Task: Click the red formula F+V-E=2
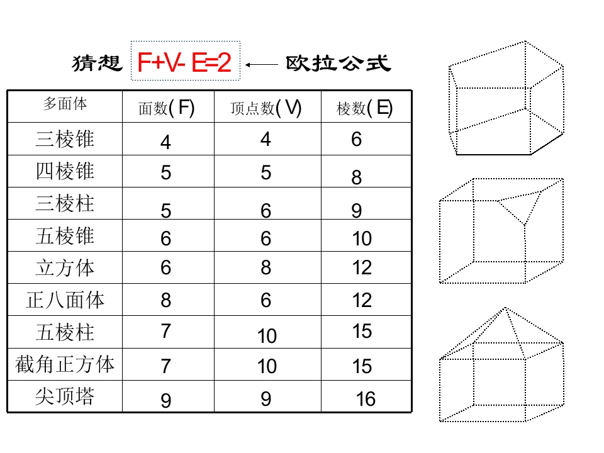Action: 184,62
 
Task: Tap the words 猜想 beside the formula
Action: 97,63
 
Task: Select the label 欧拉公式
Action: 338,63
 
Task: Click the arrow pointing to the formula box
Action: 262,65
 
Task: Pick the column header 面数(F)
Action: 166,108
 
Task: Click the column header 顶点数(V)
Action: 266,108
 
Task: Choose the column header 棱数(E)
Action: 364,108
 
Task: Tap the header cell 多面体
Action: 65,104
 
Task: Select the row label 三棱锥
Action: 65,138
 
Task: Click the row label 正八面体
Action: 65,299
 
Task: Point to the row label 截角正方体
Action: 65,364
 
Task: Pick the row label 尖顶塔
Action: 65,396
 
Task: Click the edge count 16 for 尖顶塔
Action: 366,399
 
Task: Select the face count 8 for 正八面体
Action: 166,300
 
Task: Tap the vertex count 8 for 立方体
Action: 266,267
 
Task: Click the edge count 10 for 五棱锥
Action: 362,238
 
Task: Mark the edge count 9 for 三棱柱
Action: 357,211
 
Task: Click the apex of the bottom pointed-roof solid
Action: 505,308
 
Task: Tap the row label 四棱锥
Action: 65,171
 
